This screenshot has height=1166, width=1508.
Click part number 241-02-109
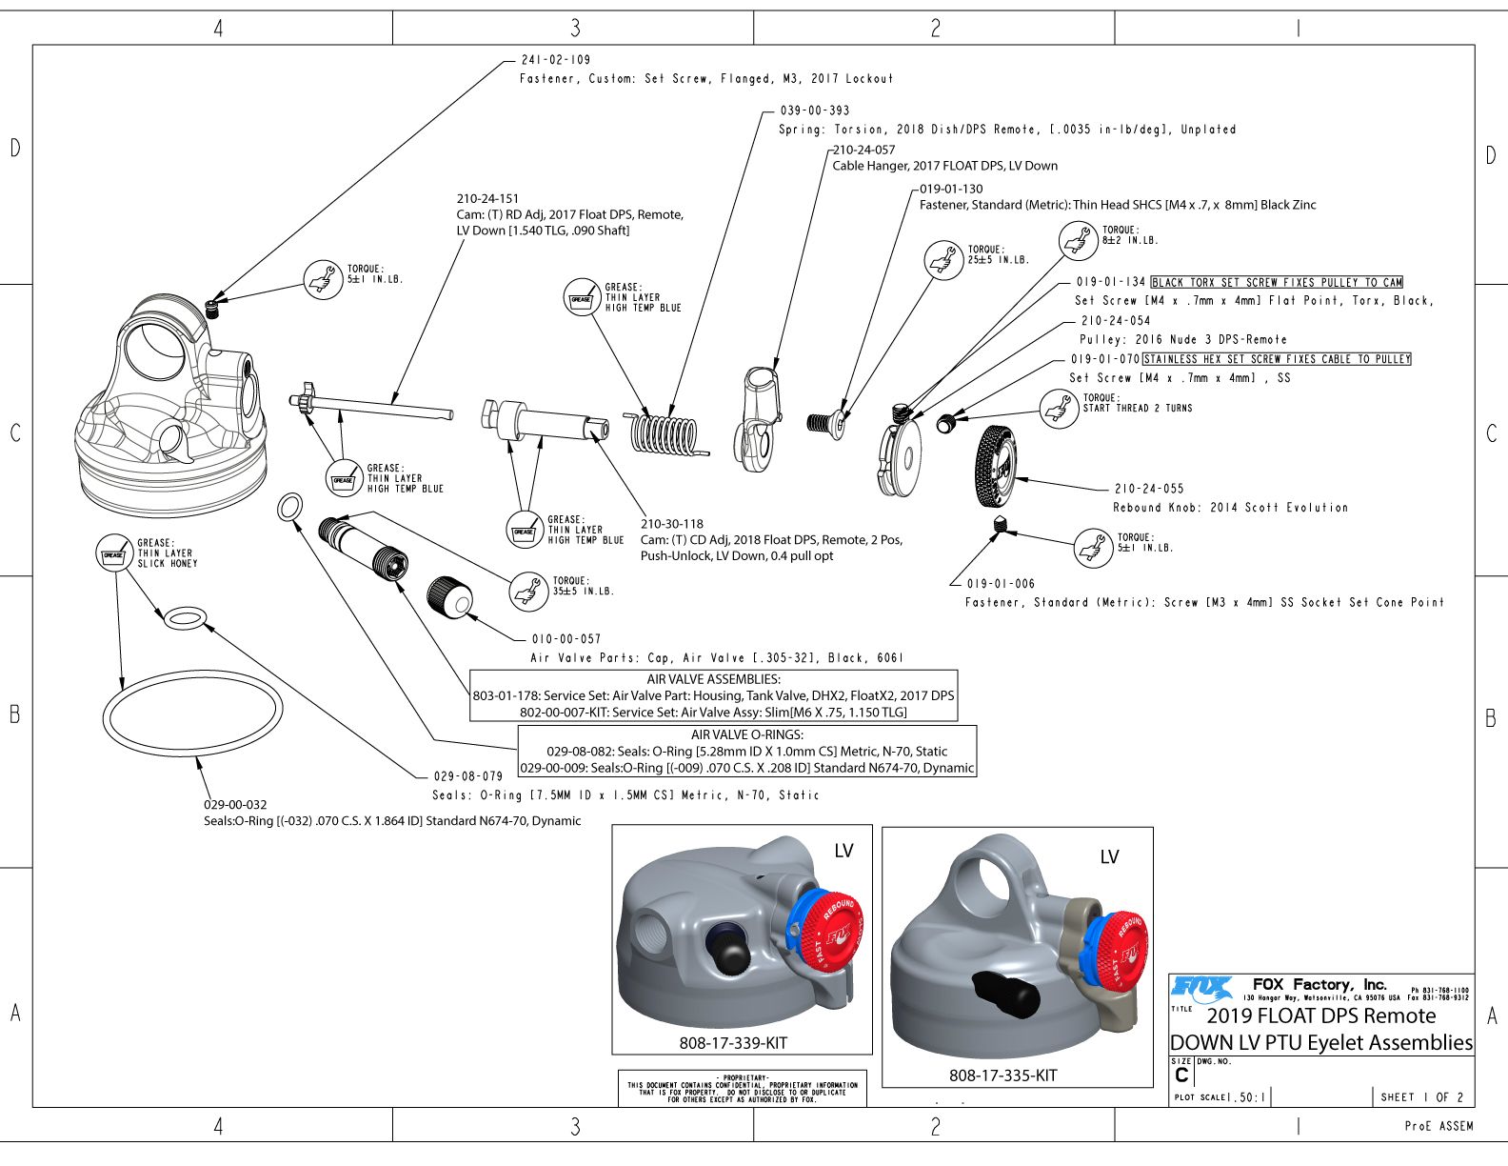[x=555, y=60]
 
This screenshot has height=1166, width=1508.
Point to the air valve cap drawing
[x=450, y=596]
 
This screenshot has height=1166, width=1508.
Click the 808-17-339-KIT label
[x=733, y=1043]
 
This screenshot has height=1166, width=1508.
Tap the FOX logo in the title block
[x=1201, y=988]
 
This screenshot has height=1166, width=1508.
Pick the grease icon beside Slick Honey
[x=113, y=553]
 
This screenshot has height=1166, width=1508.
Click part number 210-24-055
[x=1149, y=489]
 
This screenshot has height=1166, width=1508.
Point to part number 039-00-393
[x=814, y=111]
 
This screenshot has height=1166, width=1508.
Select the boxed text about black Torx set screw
[x=1277, y=283]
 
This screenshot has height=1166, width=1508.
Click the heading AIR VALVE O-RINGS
[x=746, y=734]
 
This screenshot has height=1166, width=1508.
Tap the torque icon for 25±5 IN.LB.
[x=943, y=259]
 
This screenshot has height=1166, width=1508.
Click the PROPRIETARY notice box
[x=742, y=1089]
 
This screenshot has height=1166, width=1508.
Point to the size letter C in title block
[x=1181, y=1075]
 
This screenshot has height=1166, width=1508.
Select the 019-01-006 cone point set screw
[x=1001, y=524]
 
